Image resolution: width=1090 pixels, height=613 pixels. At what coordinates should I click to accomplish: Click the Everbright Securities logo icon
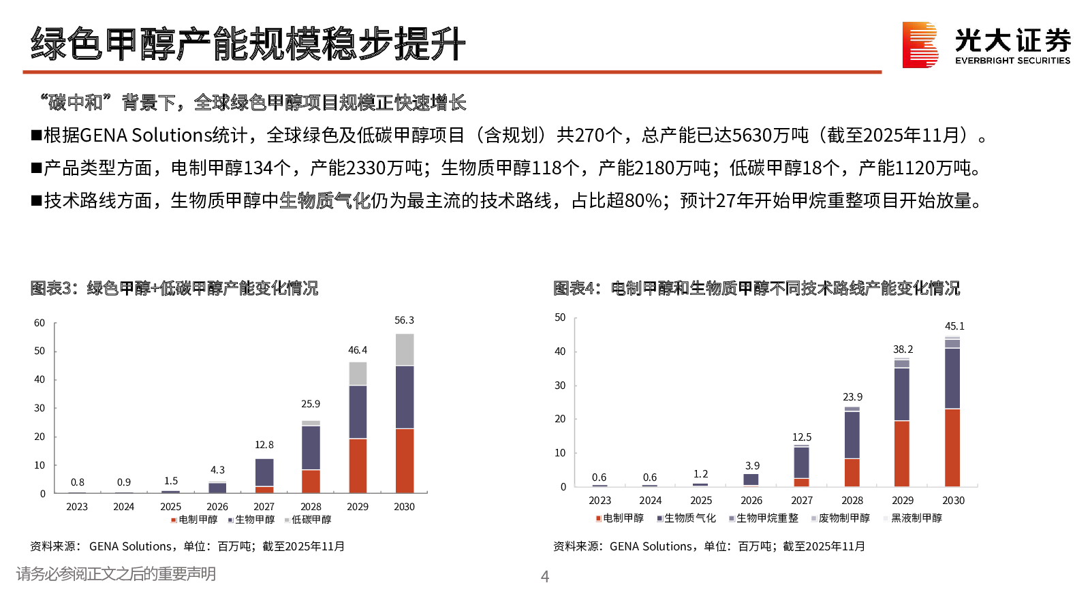(x=920, y=45)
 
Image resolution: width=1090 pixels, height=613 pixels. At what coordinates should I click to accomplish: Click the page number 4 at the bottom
(x=545, y=577)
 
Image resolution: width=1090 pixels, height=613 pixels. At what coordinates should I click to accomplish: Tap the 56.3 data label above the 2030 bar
(x=404, y=320)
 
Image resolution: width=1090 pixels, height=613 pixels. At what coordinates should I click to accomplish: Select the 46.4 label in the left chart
(x=358, y=350)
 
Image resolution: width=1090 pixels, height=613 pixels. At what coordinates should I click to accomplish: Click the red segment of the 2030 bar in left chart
(x=405, y=460)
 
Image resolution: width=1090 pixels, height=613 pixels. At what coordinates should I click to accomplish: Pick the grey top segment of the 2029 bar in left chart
(x=358, y=374)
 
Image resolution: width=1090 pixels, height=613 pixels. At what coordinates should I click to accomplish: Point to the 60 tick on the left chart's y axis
(x=40, y=323)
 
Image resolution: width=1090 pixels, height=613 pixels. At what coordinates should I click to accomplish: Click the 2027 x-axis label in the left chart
(x=264, y=507)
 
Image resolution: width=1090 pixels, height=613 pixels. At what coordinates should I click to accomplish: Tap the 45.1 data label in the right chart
(x=954, y=326)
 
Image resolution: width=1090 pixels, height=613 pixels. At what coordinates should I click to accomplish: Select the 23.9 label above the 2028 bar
(x=852, y=397)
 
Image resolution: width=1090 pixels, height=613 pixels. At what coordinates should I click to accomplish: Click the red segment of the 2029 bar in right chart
(x=902, y=454)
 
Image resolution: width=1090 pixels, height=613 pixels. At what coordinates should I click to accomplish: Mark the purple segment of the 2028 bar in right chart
(x=852, y=435)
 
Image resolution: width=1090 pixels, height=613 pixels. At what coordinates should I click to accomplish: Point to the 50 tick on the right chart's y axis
(x=560, y=317)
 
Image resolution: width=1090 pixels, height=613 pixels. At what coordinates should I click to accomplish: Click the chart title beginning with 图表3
(x=174, y=289)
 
